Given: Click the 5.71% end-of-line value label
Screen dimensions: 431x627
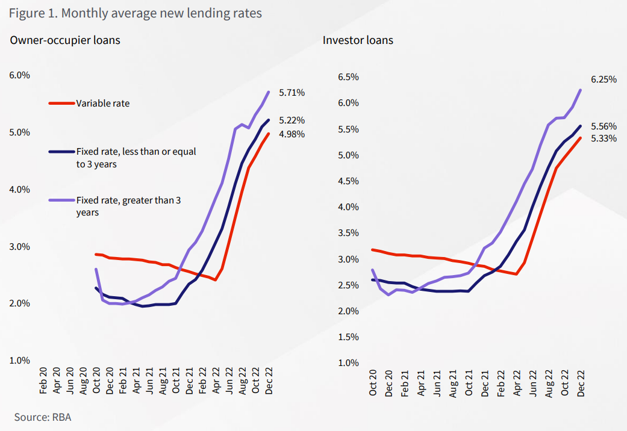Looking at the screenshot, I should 292,93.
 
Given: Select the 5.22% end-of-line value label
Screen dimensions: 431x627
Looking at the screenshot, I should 292,120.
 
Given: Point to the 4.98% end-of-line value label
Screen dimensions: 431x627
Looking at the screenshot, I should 292,134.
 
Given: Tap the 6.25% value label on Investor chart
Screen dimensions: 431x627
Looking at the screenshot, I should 604,79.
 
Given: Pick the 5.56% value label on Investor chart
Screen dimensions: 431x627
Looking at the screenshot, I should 604,126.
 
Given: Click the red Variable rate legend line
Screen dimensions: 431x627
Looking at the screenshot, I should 61,104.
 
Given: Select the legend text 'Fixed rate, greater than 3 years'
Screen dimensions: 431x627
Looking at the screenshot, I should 128,206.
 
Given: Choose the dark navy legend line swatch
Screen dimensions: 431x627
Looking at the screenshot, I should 61,152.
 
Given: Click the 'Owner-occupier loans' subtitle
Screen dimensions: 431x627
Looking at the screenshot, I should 65,40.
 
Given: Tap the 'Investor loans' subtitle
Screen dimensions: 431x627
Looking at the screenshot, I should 358,40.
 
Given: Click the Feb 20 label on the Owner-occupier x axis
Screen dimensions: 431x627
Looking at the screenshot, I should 43,380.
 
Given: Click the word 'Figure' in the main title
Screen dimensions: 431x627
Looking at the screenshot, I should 27,13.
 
